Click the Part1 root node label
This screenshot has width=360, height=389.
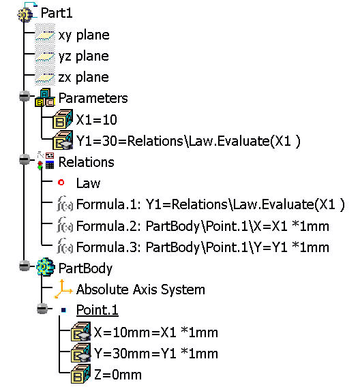(57, 13)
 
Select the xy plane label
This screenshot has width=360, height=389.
(84, 35)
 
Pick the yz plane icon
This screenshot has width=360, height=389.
(45, 57)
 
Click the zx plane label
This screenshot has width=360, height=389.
(84, 78)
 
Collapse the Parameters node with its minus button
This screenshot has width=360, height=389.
(25, 96)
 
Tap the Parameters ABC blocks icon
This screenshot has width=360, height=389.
(45, 97)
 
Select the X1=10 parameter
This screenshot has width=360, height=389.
(97, 120)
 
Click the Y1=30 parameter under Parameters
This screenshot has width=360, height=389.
(188, 141)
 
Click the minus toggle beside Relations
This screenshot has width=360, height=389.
(25, 159)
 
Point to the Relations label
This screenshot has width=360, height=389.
(86, 162)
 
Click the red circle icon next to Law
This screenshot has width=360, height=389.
(61, 183)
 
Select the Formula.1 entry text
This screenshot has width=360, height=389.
(211, 204)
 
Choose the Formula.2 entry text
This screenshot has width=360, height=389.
(202, 226)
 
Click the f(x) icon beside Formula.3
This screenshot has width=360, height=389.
(65, 246)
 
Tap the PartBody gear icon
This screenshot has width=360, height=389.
(45, 266)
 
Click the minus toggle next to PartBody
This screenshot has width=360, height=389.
(25, 266)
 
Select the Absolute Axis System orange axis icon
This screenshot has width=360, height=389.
(63, 289)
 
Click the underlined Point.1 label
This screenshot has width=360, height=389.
(97, 310)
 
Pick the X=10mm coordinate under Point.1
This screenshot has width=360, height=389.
(156, 332)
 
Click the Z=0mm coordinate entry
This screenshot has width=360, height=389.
(118, 375)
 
